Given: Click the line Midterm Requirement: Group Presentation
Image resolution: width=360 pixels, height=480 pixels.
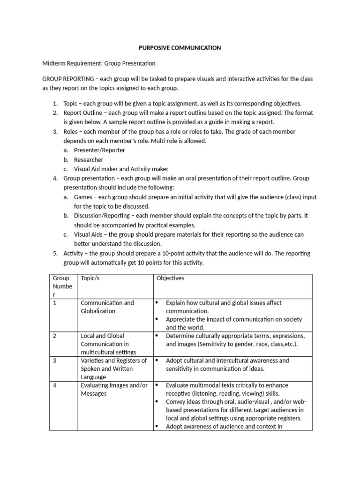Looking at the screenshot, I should tap(98, 63).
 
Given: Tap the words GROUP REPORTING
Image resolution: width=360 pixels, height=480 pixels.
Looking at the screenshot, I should tap(66, 79).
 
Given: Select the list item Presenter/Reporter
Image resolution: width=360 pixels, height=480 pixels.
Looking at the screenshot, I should tap(99, 150).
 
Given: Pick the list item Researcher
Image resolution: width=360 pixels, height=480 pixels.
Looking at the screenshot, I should tap(89, 160).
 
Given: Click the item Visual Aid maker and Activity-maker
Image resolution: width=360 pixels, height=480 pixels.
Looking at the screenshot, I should tap(121, 169).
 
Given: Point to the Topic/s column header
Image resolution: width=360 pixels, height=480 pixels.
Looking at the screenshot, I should tap(90, 278).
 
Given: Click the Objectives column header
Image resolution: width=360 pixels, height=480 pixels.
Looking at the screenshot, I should tap(170, 278).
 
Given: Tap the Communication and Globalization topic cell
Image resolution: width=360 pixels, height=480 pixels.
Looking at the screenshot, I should tap(107, 307).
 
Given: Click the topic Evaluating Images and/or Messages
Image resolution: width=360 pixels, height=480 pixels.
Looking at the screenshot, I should tap(114, 390).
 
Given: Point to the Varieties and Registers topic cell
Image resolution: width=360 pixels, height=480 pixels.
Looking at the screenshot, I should tap(114, 368).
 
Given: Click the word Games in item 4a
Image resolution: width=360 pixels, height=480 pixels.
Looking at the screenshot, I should tap(83, 197).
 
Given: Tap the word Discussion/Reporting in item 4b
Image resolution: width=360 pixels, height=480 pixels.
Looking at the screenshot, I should tap(100, 216).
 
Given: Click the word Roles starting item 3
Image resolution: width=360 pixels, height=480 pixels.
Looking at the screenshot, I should tap(71, 132).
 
